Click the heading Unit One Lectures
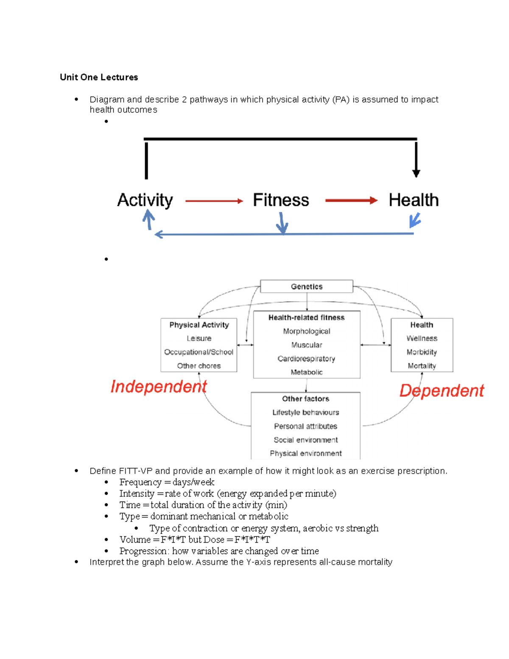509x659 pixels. pos(99,77)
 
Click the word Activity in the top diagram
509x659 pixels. pos(145,200)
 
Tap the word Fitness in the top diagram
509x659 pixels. pos(281,200)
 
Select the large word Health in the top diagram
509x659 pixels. pos(414,200)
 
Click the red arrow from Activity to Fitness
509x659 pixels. pos(214,201)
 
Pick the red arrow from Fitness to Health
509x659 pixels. pos(351,201)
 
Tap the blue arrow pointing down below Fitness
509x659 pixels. pos(282,222)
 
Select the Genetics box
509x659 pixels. pos(306,286)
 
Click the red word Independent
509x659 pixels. pos(159,387)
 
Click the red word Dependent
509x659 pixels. pos(442,391)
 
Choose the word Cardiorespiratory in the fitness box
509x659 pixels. pos(306,359)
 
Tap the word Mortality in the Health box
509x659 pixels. pos(422,366)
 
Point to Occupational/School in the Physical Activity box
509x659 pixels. pos(199,352)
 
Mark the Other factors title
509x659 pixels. pos(305,399)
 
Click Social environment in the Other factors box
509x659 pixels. pos(305,440)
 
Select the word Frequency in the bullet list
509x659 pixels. pos(140,482)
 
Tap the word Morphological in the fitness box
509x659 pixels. pos(306,331)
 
